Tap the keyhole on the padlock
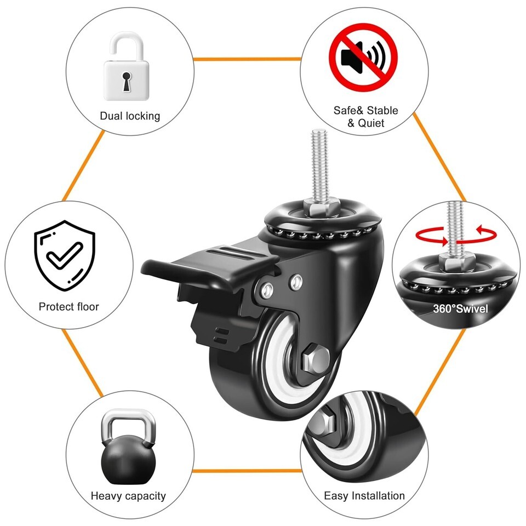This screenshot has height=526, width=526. [127, 81]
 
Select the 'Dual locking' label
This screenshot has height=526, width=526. [130, 116]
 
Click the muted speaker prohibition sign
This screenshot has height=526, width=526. [363, 57]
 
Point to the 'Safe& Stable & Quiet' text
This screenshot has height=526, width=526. [366, 117]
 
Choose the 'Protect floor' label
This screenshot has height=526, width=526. [69, 306]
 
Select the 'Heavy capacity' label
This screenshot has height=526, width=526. [128, 496]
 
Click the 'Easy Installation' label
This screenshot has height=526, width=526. [364, 496]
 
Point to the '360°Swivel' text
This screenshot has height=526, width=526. [460, 308]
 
